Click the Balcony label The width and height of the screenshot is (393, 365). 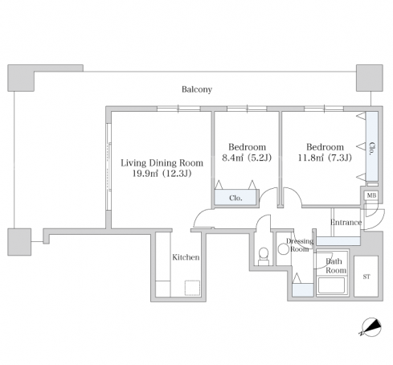point(197,89)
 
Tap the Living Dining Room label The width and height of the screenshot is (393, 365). point(162,163)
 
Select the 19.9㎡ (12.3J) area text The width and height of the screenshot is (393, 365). point(162,174)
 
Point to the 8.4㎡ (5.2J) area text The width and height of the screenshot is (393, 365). point(247,158)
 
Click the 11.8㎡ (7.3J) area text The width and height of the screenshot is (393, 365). point(325,158)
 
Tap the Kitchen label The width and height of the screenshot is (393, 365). point(186,257)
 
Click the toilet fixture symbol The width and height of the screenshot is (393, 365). point(264,256)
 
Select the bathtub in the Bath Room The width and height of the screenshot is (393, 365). point(332,285)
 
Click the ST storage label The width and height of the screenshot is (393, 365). point(366,277)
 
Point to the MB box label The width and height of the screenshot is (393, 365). point(371,195)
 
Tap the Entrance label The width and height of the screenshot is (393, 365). point(346,223)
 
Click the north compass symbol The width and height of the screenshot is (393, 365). point(371,327)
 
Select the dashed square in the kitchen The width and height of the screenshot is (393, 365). point(192,288)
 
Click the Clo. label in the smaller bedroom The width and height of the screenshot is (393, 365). point(235,198)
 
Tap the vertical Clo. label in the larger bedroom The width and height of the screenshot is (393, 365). point(372,149)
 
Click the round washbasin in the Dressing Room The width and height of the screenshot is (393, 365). point(284,249)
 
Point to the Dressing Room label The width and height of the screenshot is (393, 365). point(300,245)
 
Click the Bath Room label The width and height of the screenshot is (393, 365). point(335,265)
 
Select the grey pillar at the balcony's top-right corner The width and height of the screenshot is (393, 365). point(369,78)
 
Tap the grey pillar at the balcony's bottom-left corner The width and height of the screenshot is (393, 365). point(19,242)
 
